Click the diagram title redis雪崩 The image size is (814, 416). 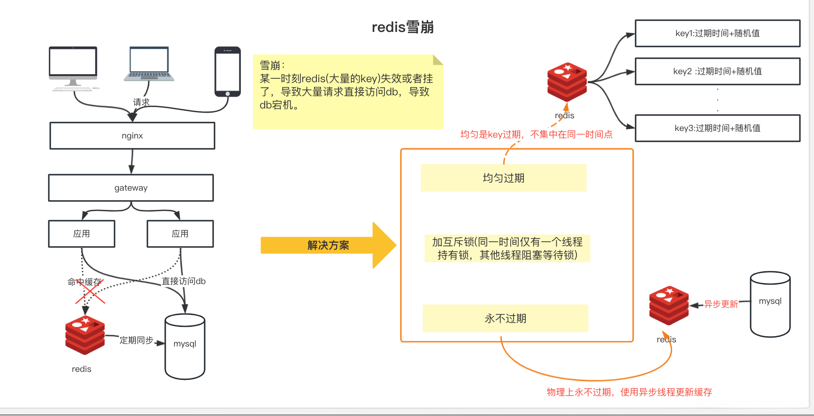click(402, 27)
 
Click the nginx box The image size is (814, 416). click(132, 136)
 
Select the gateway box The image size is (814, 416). click(131, 188)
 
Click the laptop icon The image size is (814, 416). click(149, 64)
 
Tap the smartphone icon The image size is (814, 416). click(228, 71)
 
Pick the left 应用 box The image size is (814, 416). click(82, 234)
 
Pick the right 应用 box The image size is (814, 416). click(180, 234)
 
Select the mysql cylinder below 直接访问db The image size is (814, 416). click(185, 347)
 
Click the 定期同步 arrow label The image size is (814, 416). click(136, 340)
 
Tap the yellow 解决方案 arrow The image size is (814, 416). click(329, 245)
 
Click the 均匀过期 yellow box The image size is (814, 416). click(503, 178)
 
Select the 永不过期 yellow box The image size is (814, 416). click(505, 318)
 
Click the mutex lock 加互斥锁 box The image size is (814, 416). click(507, 248)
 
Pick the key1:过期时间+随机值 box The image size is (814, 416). click(717, 33)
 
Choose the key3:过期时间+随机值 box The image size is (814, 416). click(717, 128)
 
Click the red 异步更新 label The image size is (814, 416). click(721, 304)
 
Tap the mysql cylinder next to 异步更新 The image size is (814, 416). click(770, 304)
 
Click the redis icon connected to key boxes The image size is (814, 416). click(567, 82)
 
